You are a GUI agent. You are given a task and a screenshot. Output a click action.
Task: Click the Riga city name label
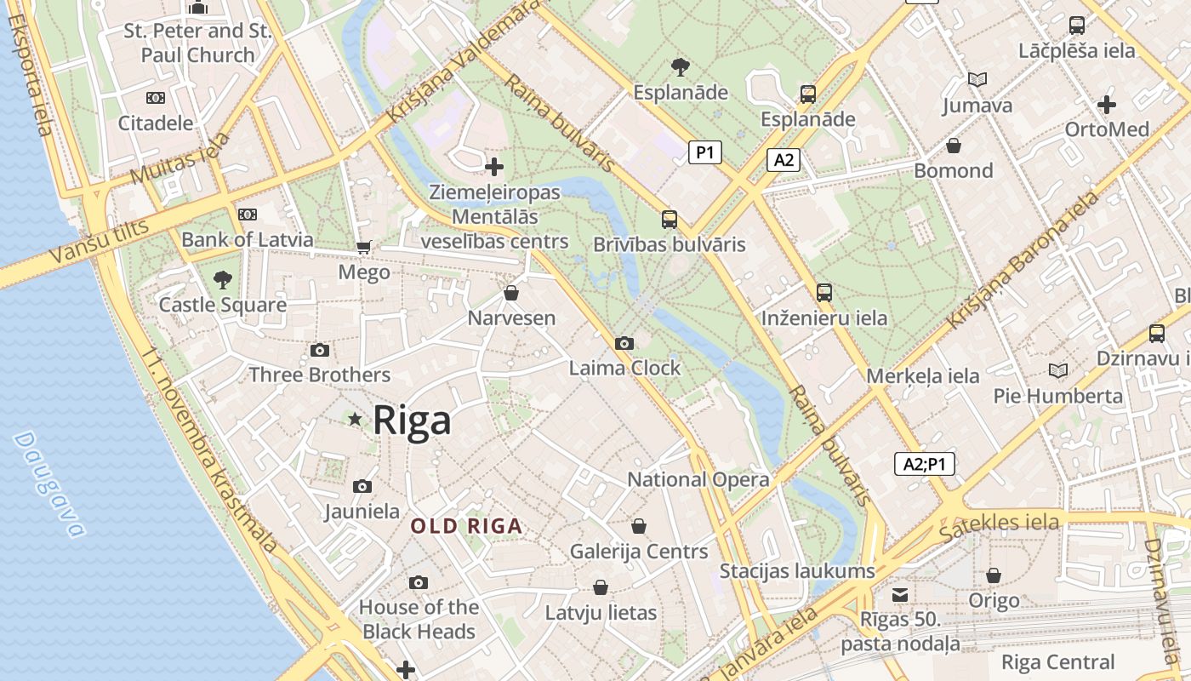click(x=412, y=421)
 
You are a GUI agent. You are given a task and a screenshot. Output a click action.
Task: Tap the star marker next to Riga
click(x=355, y=419)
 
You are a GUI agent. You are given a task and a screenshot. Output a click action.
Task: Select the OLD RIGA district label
click(x=466, y=526)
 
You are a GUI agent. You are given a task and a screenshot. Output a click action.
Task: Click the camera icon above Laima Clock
click(x=624, y=343)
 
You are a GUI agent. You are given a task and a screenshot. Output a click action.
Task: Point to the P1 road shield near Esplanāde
click(x=704, y=152)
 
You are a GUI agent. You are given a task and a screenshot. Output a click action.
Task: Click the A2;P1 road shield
click(x=925, y=464)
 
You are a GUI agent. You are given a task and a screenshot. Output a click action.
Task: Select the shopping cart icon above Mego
click(x=364, y=248)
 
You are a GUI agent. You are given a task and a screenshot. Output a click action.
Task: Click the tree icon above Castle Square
click(x=223, y=279)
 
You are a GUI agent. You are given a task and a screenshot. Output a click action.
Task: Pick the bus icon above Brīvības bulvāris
click(x=670, y=220)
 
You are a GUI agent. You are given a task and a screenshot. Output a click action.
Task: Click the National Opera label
click(x=698, y=479)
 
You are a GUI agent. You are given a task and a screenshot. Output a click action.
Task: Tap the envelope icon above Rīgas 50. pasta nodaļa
click(x=900, y=594)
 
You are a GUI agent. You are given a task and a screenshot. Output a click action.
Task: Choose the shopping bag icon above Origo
click(x=993, y=576)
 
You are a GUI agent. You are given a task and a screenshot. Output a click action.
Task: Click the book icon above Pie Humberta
click(x=1058, y=370)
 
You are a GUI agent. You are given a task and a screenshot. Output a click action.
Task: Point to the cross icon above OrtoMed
click(x=1107, y=105)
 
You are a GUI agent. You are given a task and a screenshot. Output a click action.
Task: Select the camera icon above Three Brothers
click(x=320, y=350)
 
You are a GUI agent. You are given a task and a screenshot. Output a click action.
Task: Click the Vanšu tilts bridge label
click(x=99, y=241)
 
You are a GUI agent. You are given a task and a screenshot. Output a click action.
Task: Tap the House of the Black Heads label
click(x=419, y=619)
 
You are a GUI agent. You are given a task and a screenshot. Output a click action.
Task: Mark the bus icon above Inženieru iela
click(x=823, y=293)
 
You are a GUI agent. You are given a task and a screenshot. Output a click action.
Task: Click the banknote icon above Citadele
click(x=156, y=98)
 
